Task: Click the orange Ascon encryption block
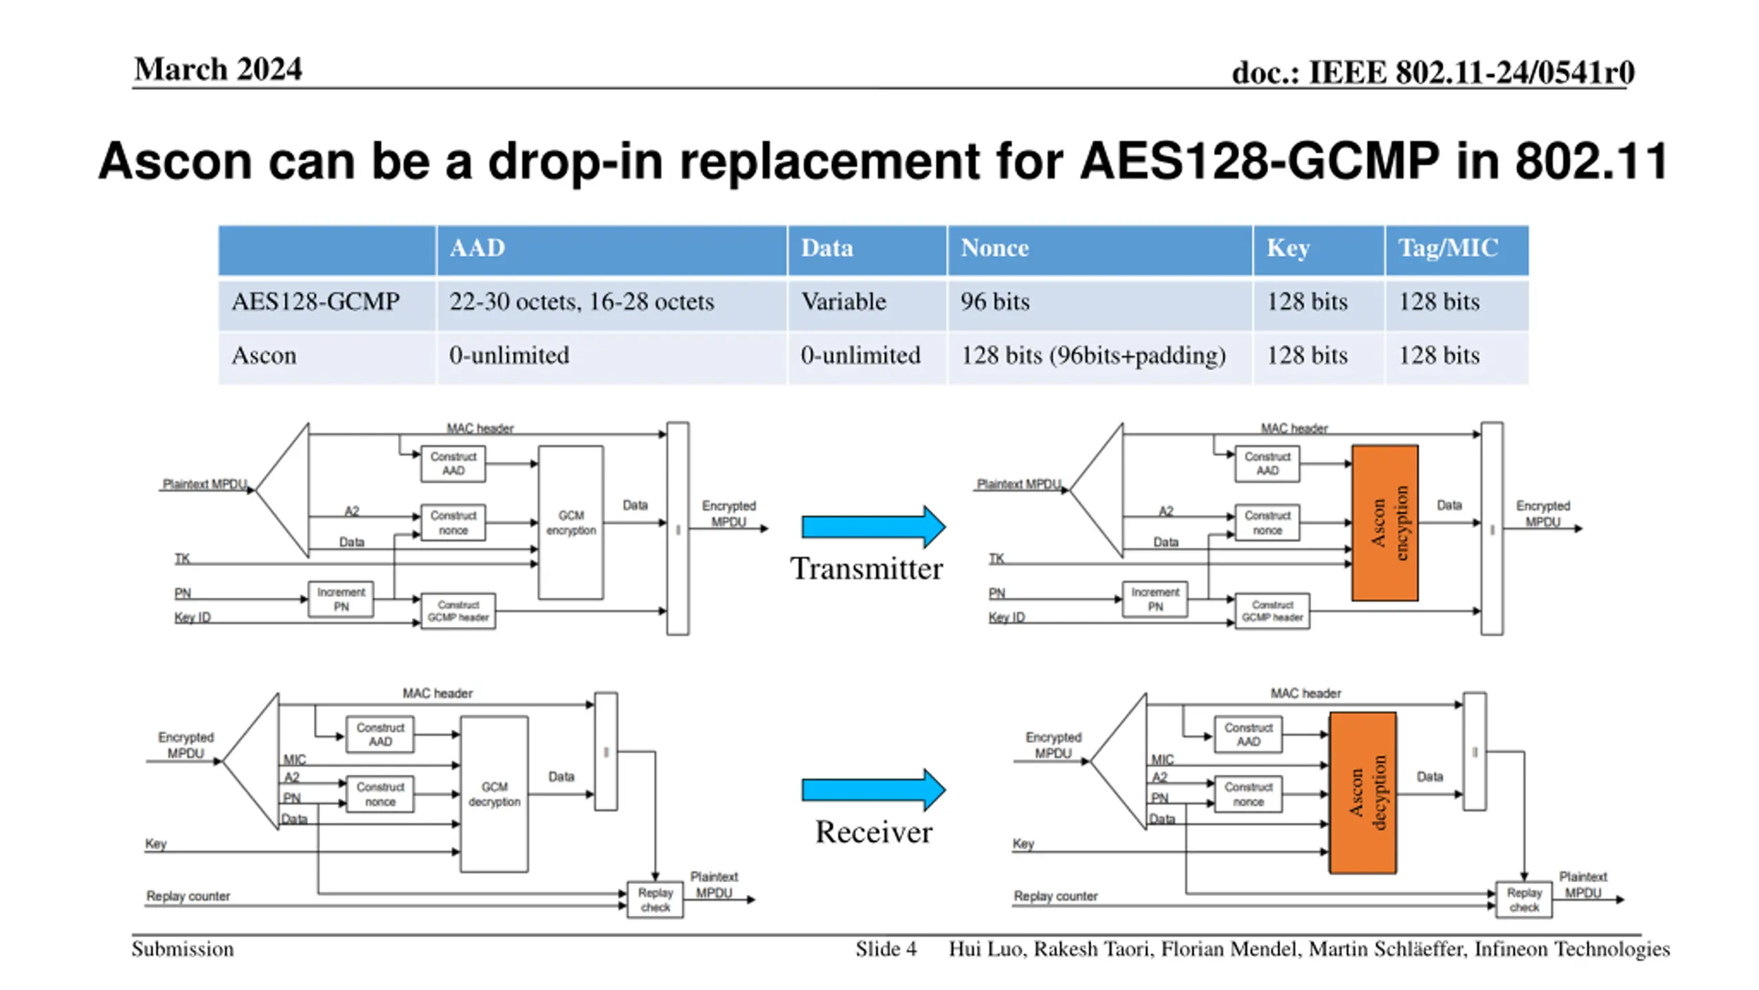1385,522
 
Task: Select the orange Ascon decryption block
1363,793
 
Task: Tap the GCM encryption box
571,522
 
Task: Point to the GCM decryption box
494,794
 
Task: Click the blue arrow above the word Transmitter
873,527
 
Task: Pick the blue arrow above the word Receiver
873,790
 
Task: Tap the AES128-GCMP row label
315,302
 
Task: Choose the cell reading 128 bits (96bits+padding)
1093,355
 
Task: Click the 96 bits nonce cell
995,302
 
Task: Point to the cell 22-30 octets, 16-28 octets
582,302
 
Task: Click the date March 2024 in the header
218,69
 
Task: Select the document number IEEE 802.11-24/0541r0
1471,72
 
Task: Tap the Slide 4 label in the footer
886,949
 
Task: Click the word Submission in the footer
183,949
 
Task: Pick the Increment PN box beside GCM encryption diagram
341,599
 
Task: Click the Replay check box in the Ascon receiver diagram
1524,899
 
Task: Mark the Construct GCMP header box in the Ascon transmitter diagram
1272,611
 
